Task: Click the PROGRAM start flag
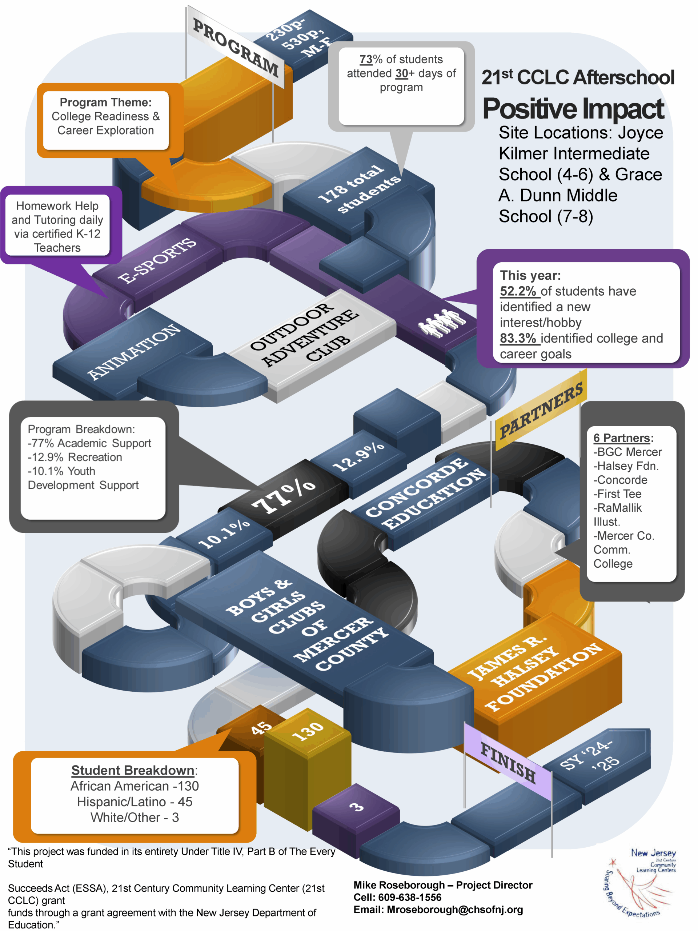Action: point(236,48)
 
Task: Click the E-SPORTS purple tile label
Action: point(157,260)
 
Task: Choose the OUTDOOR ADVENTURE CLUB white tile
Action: point(305,334)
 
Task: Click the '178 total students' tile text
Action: point(359,188)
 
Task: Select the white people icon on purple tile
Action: point(442,323)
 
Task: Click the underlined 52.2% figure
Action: point(518,291)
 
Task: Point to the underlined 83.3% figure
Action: point(518,338)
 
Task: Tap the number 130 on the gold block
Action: point(308,731)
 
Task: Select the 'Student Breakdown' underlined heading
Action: point(133,770)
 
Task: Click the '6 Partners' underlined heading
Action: point(622,438)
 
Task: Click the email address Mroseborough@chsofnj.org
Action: point(454,910)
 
